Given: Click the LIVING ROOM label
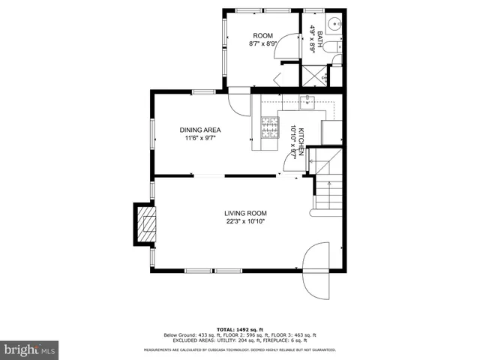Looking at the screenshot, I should point(245,213).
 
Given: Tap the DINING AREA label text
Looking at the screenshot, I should point(199,130).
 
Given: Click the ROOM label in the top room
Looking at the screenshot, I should point(262,36).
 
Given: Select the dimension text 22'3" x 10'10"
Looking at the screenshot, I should point(245,221).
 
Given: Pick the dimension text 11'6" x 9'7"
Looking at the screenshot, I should point(199,138).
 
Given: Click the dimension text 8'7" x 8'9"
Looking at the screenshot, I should point(262,44).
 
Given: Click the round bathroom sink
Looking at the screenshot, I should point(334,22).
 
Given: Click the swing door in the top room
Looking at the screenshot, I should point(284,76).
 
